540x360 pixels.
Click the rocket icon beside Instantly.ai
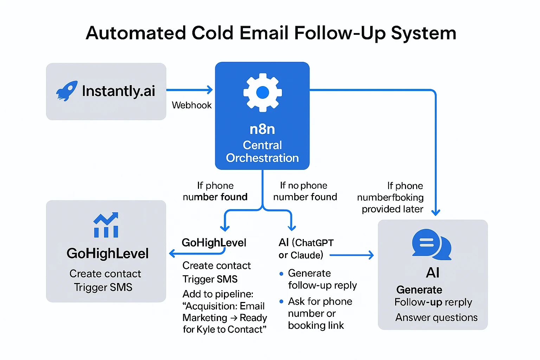[x=67, y=91]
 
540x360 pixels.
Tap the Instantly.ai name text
[x=118, y=91]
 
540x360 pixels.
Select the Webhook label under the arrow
[x=192, y=105]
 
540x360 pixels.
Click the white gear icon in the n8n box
[x=262, y=92]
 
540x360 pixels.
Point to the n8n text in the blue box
[x=262, y=129]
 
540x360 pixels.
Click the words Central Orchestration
[x=262, y=152]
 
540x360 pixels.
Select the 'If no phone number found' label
[x=305, y=191]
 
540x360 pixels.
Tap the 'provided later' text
[x=392, y=209]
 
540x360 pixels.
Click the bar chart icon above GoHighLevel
[x=106, y=225]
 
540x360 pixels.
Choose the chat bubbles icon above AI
[x=431, y=244]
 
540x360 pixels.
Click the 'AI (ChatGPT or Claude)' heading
[x=305, y=249]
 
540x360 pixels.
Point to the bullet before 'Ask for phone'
[x=281, y=302]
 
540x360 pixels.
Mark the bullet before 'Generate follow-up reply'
[x=281, y=274]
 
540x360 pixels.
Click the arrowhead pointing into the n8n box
[x=210, y=90]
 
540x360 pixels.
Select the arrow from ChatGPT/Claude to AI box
[x=352, y=255]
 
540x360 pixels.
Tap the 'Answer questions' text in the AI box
[x=436, y=317]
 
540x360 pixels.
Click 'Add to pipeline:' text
[x=218, y=294]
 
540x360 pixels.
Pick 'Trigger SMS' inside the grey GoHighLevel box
[x=103, y=287]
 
